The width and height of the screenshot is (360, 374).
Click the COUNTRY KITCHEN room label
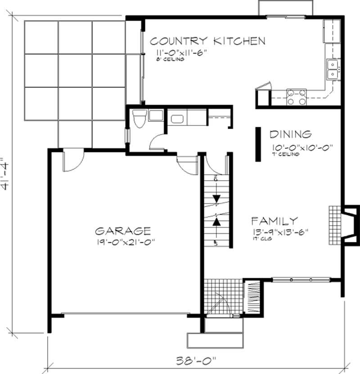[207, 41]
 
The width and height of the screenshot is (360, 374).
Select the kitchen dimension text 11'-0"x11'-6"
[178, 53]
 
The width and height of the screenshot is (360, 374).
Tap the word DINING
[290, 134]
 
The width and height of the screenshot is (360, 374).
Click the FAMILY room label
[274, 221]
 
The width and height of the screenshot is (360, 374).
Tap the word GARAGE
[123, 231]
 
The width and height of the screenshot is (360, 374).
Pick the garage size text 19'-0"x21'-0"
[122, 242]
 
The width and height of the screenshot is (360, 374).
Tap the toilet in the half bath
[139, 119]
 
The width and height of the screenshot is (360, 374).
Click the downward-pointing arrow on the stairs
[217, 198]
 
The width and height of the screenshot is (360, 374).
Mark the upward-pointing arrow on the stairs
[217, 221]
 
